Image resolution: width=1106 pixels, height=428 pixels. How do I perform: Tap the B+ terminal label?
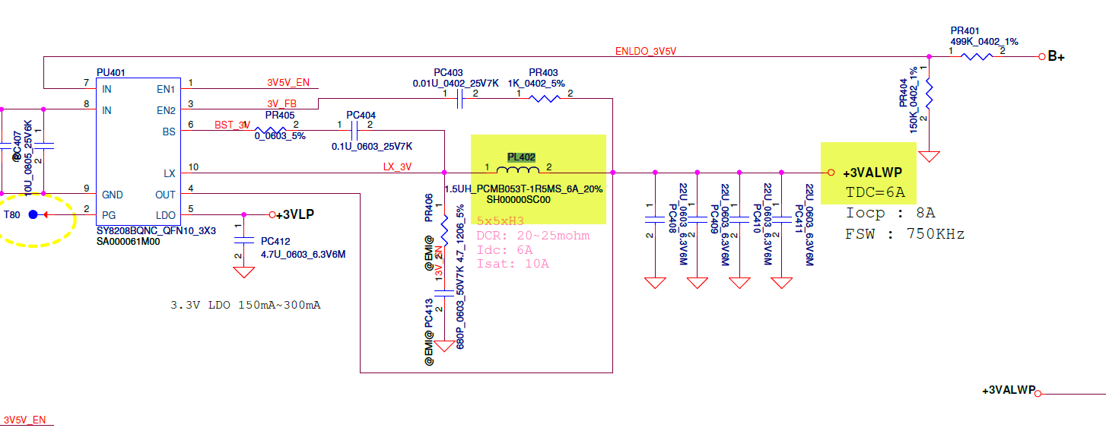[1056, 56]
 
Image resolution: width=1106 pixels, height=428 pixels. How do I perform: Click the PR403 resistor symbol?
[545, 98]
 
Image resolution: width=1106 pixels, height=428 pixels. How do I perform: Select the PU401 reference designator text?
[110, 72]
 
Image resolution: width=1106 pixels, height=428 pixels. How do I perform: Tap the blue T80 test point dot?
[33, 215]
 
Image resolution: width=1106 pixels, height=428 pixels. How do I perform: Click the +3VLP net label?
[296, 214]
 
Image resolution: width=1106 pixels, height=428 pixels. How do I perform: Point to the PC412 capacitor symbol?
[243, 239]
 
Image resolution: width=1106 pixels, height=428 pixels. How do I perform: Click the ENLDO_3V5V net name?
[645, 52]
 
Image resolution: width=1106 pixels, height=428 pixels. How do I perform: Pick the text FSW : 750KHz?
[904, 234]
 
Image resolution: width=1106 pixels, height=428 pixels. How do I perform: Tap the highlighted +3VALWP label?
[872, 173]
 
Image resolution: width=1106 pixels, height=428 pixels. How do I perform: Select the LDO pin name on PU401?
[166, 216]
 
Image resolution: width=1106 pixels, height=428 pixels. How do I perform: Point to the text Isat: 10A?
[513, 264]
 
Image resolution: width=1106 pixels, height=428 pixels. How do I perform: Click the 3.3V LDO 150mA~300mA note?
[245, 305]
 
